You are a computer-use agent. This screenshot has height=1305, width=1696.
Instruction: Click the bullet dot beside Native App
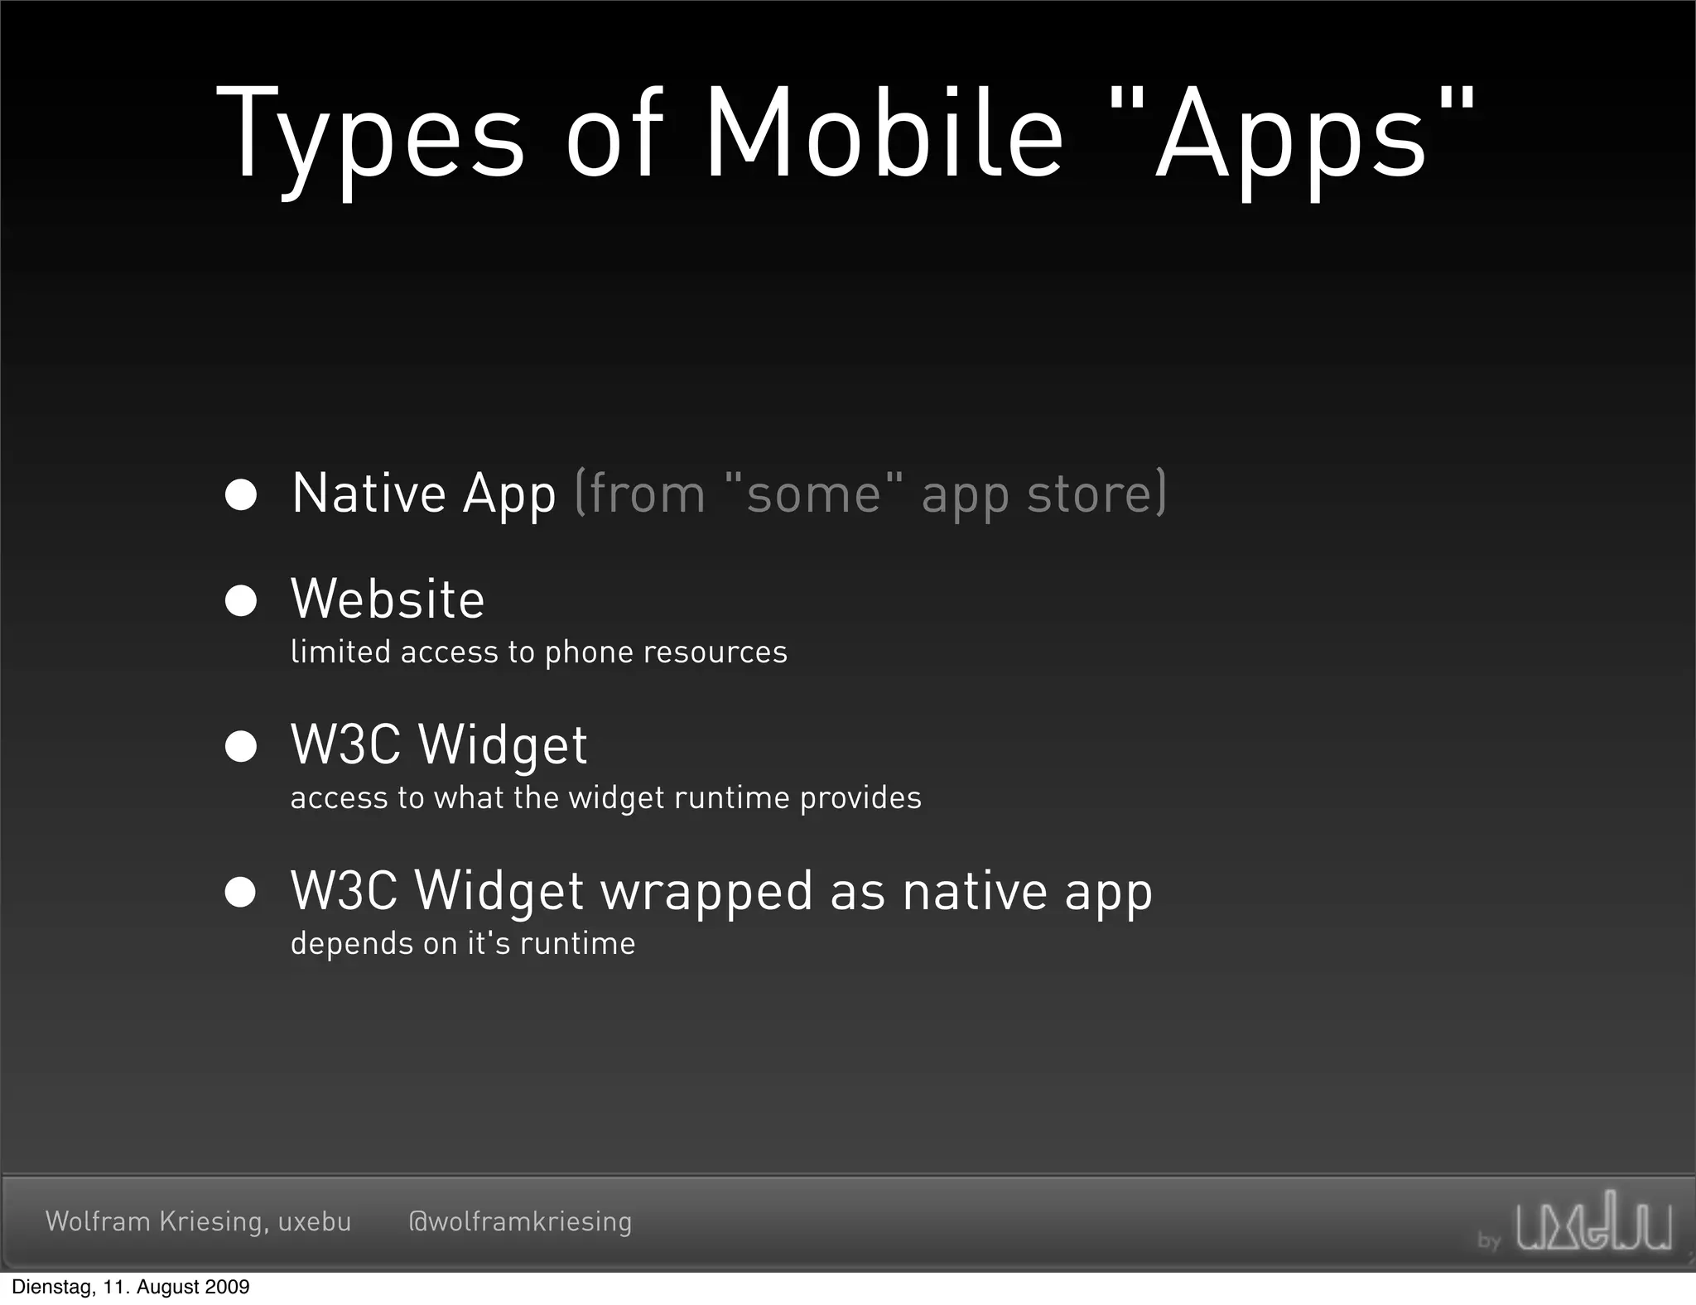(241, 494)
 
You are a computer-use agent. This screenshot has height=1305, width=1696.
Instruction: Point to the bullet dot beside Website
(241, 600)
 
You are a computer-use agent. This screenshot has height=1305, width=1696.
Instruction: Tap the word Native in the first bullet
(369, 494)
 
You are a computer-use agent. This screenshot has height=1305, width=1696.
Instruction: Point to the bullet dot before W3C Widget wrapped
(241, 892)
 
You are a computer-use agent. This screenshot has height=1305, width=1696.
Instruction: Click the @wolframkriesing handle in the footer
(520, 1221)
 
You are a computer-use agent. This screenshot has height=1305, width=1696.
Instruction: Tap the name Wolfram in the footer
(98, 1221)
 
